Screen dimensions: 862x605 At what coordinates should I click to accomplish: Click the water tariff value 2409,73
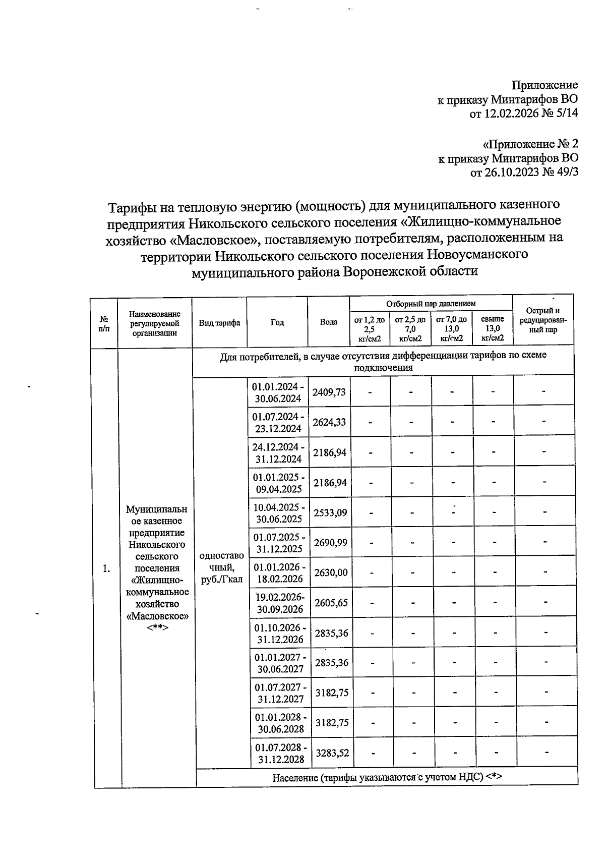click(x=329, y=392)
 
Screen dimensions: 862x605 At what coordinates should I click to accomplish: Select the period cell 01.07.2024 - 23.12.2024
click(x=278, y=423)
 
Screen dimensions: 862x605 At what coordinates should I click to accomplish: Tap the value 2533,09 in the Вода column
click(x=330, y=513)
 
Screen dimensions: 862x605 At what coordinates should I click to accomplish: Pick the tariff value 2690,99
click(x=330, y=543)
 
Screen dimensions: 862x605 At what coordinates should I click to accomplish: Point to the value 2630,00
click(x=330, y=572)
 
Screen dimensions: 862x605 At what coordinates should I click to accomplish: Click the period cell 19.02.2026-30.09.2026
click(x=279, y=603)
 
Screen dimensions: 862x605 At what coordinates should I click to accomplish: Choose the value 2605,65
click(x=331, y=603)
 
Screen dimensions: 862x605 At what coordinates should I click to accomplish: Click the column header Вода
click(x=329, y=322)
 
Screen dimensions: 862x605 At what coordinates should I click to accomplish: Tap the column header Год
click(x=277, y=322)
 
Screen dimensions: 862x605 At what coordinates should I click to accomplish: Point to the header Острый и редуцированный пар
click(x=542, y=320)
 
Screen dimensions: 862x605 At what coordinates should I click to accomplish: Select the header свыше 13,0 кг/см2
click(x=493, y=328)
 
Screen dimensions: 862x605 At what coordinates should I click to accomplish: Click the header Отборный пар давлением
click(x=431, y=304)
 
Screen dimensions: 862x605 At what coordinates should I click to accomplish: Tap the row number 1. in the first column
click(x=106, y=568)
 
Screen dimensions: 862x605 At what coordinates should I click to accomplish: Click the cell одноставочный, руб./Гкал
click(x=222, y=567)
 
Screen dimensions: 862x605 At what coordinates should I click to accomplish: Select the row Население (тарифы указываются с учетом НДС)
click(x=387, y=777)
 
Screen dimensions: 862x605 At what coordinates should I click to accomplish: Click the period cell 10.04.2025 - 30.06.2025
click(x=278, y=513)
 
